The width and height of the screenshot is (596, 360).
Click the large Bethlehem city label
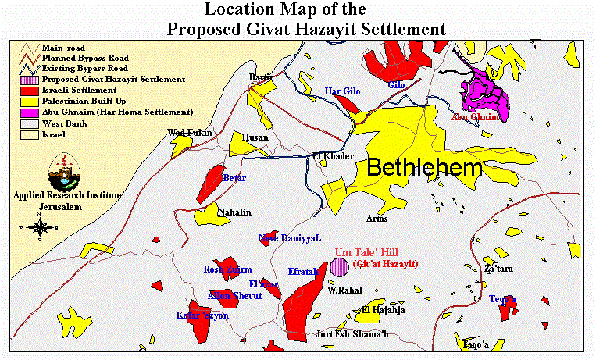424,168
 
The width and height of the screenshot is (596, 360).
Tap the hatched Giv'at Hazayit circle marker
339,267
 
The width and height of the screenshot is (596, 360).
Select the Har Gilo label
342,92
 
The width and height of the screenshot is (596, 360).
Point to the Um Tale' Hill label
366,253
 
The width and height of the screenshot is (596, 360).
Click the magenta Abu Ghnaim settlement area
484,94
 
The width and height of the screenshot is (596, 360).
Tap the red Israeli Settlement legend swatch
29,90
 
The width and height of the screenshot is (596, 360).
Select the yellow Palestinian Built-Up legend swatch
29,101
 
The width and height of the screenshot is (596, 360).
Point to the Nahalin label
234,212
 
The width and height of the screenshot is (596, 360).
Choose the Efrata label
302,272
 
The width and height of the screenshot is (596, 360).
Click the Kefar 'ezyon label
202,315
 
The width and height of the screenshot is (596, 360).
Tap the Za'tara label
498,269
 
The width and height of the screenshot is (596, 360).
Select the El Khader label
328,155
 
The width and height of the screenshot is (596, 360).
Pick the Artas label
377,219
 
